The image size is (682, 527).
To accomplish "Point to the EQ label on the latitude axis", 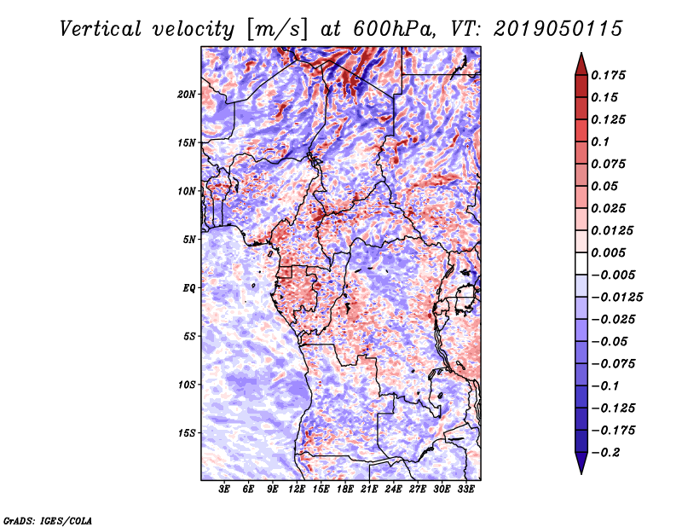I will [189, 287].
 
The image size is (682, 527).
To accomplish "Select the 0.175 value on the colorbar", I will [611, 75].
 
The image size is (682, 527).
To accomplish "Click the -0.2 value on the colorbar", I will [610, 453].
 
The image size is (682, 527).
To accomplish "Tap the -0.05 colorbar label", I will [614, 342].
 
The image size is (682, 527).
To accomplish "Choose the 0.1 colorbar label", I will [604, 142].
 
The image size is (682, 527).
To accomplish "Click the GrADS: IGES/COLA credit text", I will [48, 519].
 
